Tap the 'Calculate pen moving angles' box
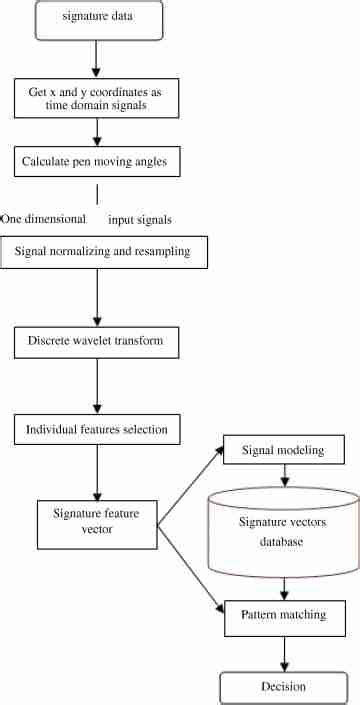[x=97, y=160]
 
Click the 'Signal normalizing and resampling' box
[x=104, y=253]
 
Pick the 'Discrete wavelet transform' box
[x=97, y=342]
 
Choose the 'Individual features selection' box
[x=97, y=430]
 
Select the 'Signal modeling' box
[x=283, y=451]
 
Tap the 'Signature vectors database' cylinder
[x=282, y=532]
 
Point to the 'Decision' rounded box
[x=283, y=686]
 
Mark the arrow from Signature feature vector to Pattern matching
[x=192, y=563]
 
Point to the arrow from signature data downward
[x=97, y=57]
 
